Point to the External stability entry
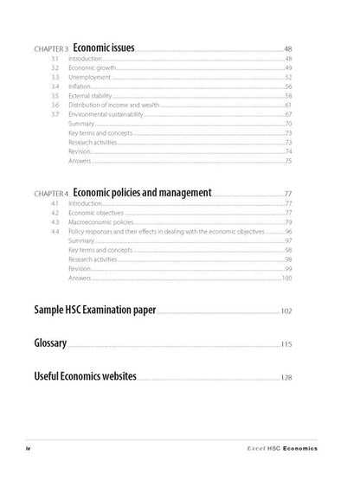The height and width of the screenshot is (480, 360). tap(90, 95)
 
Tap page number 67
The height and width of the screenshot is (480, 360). tap(288, 114)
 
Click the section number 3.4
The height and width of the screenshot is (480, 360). tap(55, 86)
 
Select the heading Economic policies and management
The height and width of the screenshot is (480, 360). tap(143, 192)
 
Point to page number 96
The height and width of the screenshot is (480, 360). tap(288, 231)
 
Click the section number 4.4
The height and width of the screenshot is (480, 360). tap(55, 231)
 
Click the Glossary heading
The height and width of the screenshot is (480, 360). tap(50, 343)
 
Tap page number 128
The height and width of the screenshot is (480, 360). tap(286, 378)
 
